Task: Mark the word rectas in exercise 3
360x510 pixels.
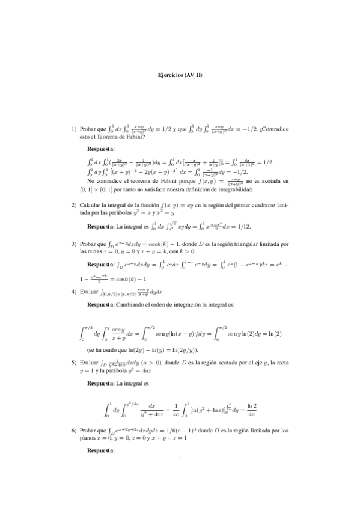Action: click(x=95, y=251)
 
